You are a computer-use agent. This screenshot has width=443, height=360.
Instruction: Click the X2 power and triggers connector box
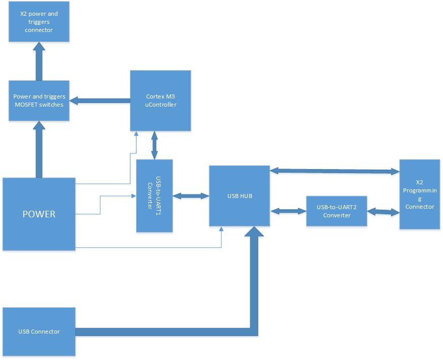[x=39, y=22]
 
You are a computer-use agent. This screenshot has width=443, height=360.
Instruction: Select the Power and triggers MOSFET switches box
[x=39, y=101]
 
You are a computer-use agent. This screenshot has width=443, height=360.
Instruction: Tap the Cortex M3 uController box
[x=160, y=101]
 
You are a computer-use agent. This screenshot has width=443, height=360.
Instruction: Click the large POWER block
[x=39, y=214]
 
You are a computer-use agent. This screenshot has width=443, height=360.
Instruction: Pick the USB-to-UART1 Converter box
[x=154, y=196]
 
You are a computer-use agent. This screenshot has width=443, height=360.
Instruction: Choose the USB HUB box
[x=240, y=195]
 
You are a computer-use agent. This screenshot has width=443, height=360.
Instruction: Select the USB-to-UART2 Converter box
[x=336, y=211]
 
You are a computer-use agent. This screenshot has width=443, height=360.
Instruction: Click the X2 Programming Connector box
[x=419, y=194]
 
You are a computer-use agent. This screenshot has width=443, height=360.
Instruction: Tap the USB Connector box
[x=39, y=332]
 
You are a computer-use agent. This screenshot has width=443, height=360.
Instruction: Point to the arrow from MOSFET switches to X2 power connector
[x=39, y=61]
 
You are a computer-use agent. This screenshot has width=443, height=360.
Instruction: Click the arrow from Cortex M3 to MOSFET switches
[x=99, y=101]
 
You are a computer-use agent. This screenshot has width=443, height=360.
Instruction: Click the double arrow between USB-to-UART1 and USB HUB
[x=191, y=195]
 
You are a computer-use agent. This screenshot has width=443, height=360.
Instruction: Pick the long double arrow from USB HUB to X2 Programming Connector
[x=334, y=171]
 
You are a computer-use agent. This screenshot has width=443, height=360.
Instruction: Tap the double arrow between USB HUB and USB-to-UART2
[x=288, y=210]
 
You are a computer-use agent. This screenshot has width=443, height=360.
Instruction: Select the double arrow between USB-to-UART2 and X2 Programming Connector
[x=383, y=211]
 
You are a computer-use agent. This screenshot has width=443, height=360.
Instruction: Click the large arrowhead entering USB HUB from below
[x=254, y=232]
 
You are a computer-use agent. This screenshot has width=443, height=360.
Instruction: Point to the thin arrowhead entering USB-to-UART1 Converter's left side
[x=133, y=195]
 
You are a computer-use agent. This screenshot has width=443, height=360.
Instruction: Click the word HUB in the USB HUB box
[x=246, y=195]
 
